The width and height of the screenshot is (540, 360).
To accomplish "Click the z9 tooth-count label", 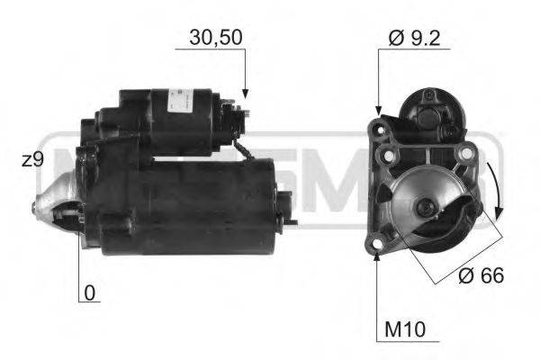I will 34,159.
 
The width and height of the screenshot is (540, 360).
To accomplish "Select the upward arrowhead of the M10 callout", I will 378,256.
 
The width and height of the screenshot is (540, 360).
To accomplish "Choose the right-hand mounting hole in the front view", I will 465,155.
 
